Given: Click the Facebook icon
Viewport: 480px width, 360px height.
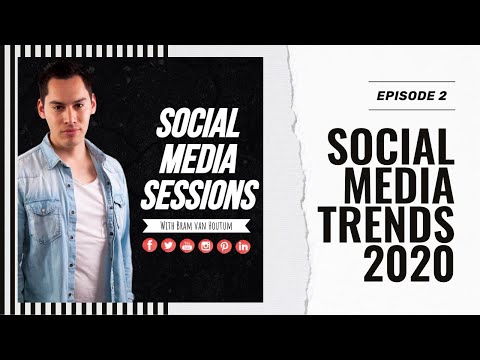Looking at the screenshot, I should pyautogui.click(x=150, y=245).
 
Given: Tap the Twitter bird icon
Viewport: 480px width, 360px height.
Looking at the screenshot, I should pyautogui.click(x=168, y=245).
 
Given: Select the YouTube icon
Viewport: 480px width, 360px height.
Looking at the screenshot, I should pyautogui.click(x=187, y=246).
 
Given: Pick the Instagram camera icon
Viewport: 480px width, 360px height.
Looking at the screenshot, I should pyautogui.click(x=205, y=246).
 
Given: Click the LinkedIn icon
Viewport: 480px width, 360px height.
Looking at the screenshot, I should pyautogui.click(x=242, y=246).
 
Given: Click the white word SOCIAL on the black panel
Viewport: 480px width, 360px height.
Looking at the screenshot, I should pyautogui.click(x=198, y=125).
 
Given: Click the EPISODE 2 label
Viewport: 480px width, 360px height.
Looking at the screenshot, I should pyautogui.click(x=411, y=95).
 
